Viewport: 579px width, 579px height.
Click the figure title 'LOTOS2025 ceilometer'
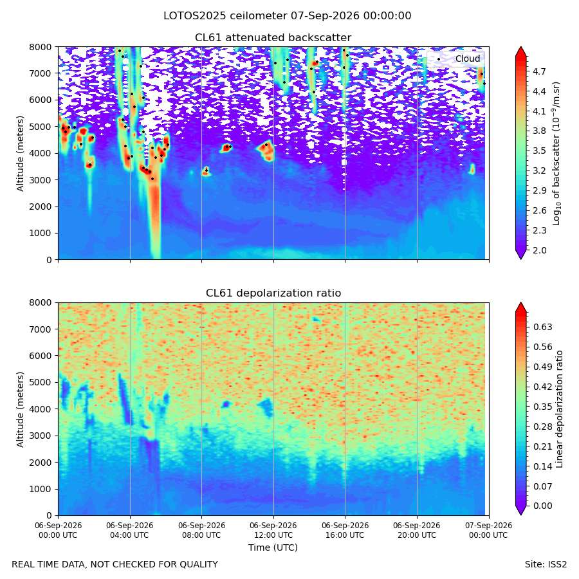[x=225, y=16]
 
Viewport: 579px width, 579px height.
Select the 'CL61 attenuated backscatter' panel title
[x=273, y=38]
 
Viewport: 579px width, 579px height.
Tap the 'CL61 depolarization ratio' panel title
[x=273, y=293]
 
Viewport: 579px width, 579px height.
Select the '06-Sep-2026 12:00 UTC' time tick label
[x=273, y=530]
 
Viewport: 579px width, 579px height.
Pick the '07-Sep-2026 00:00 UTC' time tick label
[x=488, y=530]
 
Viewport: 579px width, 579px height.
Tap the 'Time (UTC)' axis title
[x=273, y=547]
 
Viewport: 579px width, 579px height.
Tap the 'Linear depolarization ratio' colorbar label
[x=559, y=409]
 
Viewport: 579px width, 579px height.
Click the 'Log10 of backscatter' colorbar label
[x=556, y=153]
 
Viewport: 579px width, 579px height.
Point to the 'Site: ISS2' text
[x=546, y=565]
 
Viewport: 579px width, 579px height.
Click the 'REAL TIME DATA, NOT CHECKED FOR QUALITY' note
[x=115, y=565]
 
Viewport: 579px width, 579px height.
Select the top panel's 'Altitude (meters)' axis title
[x=20, y=153]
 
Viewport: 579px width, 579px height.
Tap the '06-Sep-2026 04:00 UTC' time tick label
[x=129, y=530]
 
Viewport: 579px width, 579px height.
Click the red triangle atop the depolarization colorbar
[x=520, y=308]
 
